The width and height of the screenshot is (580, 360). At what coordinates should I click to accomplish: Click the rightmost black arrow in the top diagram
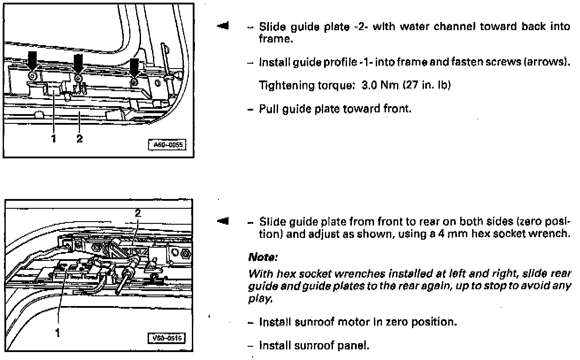click(134, 67)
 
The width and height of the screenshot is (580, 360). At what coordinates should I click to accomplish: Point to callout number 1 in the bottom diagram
click(57, 333)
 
